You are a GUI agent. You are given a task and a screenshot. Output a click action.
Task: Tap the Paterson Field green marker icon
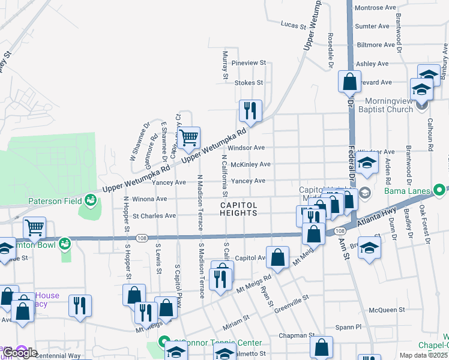[91, 199]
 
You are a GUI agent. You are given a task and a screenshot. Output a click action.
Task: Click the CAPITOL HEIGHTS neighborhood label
[238, 209]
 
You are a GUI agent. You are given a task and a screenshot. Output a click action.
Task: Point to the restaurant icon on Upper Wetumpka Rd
[250, 110]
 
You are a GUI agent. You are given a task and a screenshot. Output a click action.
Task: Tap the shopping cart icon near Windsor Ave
[188, 137]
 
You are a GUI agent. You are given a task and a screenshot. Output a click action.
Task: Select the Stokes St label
[249, 83]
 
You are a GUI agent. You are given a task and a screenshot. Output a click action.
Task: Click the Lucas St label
[294, 24]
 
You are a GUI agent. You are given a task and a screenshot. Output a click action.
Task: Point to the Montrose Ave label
[375, 8]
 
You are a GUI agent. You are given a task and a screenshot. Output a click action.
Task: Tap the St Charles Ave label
[154, 215]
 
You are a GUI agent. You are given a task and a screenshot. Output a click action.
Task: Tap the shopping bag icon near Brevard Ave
[349, 81]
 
